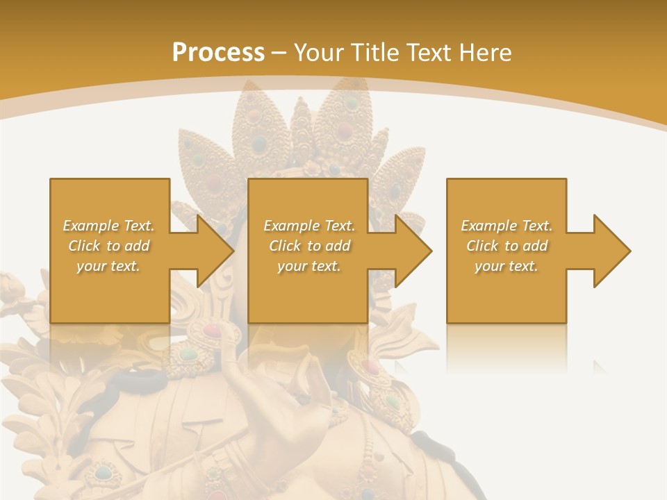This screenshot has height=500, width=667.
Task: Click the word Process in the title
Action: [218, 52]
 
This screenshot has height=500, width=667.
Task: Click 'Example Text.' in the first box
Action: [108, 226]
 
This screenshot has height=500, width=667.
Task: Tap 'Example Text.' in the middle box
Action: [308, 226]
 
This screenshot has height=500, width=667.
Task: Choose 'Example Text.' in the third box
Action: [507, 226]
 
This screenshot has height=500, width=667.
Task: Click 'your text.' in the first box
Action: [108, 266]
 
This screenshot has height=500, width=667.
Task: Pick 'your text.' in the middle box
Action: [308, 266]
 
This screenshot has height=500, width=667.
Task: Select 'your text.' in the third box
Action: [507, 266]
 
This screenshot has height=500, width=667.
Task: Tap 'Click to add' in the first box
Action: [108, 246]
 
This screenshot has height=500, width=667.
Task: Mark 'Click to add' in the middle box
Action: [308, 246]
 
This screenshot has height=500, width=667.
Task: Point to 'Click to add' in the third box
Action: [507, 246]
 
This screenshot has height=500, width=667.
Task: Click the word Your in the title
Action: [320, 52]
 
